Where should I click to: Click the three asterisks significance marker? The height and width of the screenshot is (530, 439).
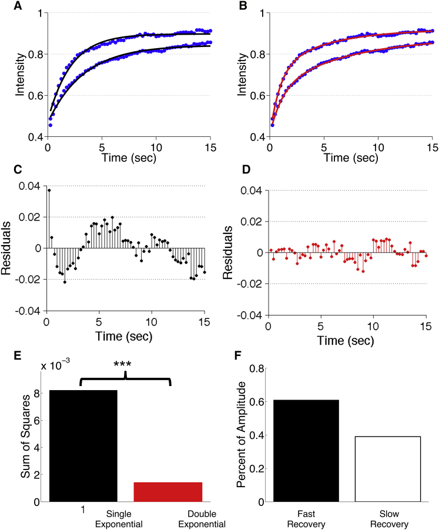point(125,364)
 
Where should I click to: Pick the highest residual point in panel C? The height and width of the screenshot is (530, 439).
point(49,190)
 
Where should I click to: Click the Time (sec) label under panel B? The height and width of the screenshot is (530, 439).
point(350,158)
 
